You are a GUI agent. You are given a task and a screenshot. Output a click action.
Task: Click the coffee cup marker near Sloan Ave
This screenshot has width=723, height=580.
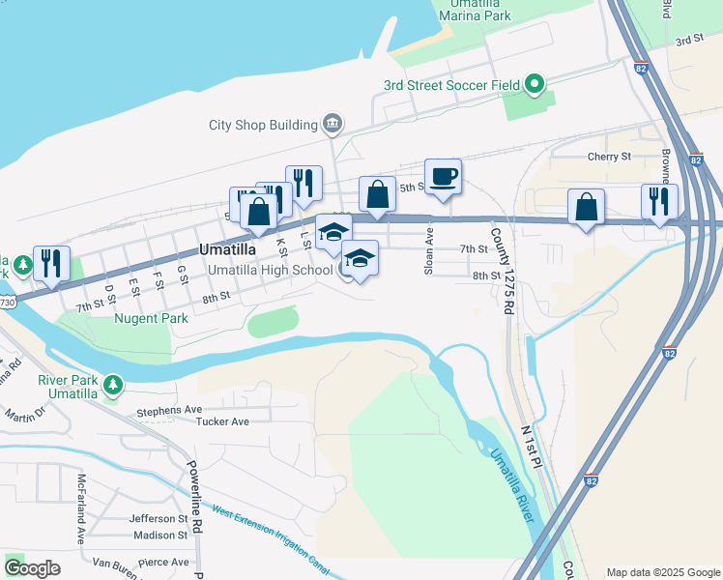pyautogui.click(x=443, y=177)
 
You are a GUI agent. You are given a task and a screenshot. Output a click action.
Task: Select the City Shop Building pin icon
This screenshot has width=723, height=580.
pyautogui.click(x=332, y=124)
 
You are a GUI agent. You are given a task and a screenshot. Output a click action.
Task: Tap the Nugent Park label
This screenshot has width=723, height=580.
pyautogui.click(x=151, y=318)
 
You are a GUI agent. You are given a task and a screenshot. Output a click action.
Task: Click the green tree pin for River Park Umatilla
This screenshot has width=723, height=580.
pyautogui.click(x=114, y=386)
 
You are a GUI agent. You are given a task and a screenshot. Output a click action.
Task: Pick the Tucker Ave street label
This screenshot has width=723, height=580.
pyautogui.click(x=222, y=421)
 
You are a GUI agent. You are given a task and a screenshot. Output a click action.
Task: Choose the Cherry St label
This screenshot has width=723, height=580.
pyautogui.click(x=609, y=156)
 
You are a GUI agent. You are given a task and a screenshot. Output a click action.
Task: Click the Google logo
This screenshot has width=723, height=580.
pyautogui.click(x=33, y=568)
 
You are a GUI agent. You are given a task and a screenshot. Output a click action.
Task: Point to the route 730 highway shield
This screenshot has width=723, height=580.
pyautogui.click(x=8, y=303)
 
